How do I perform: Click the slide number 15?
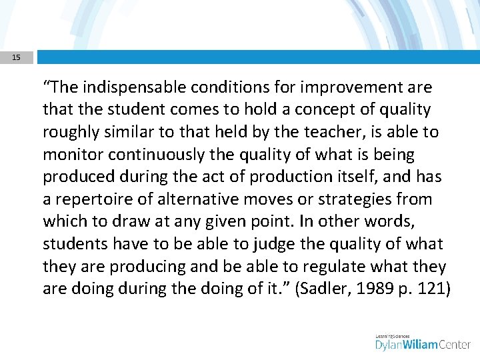[x=16, y=57]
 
